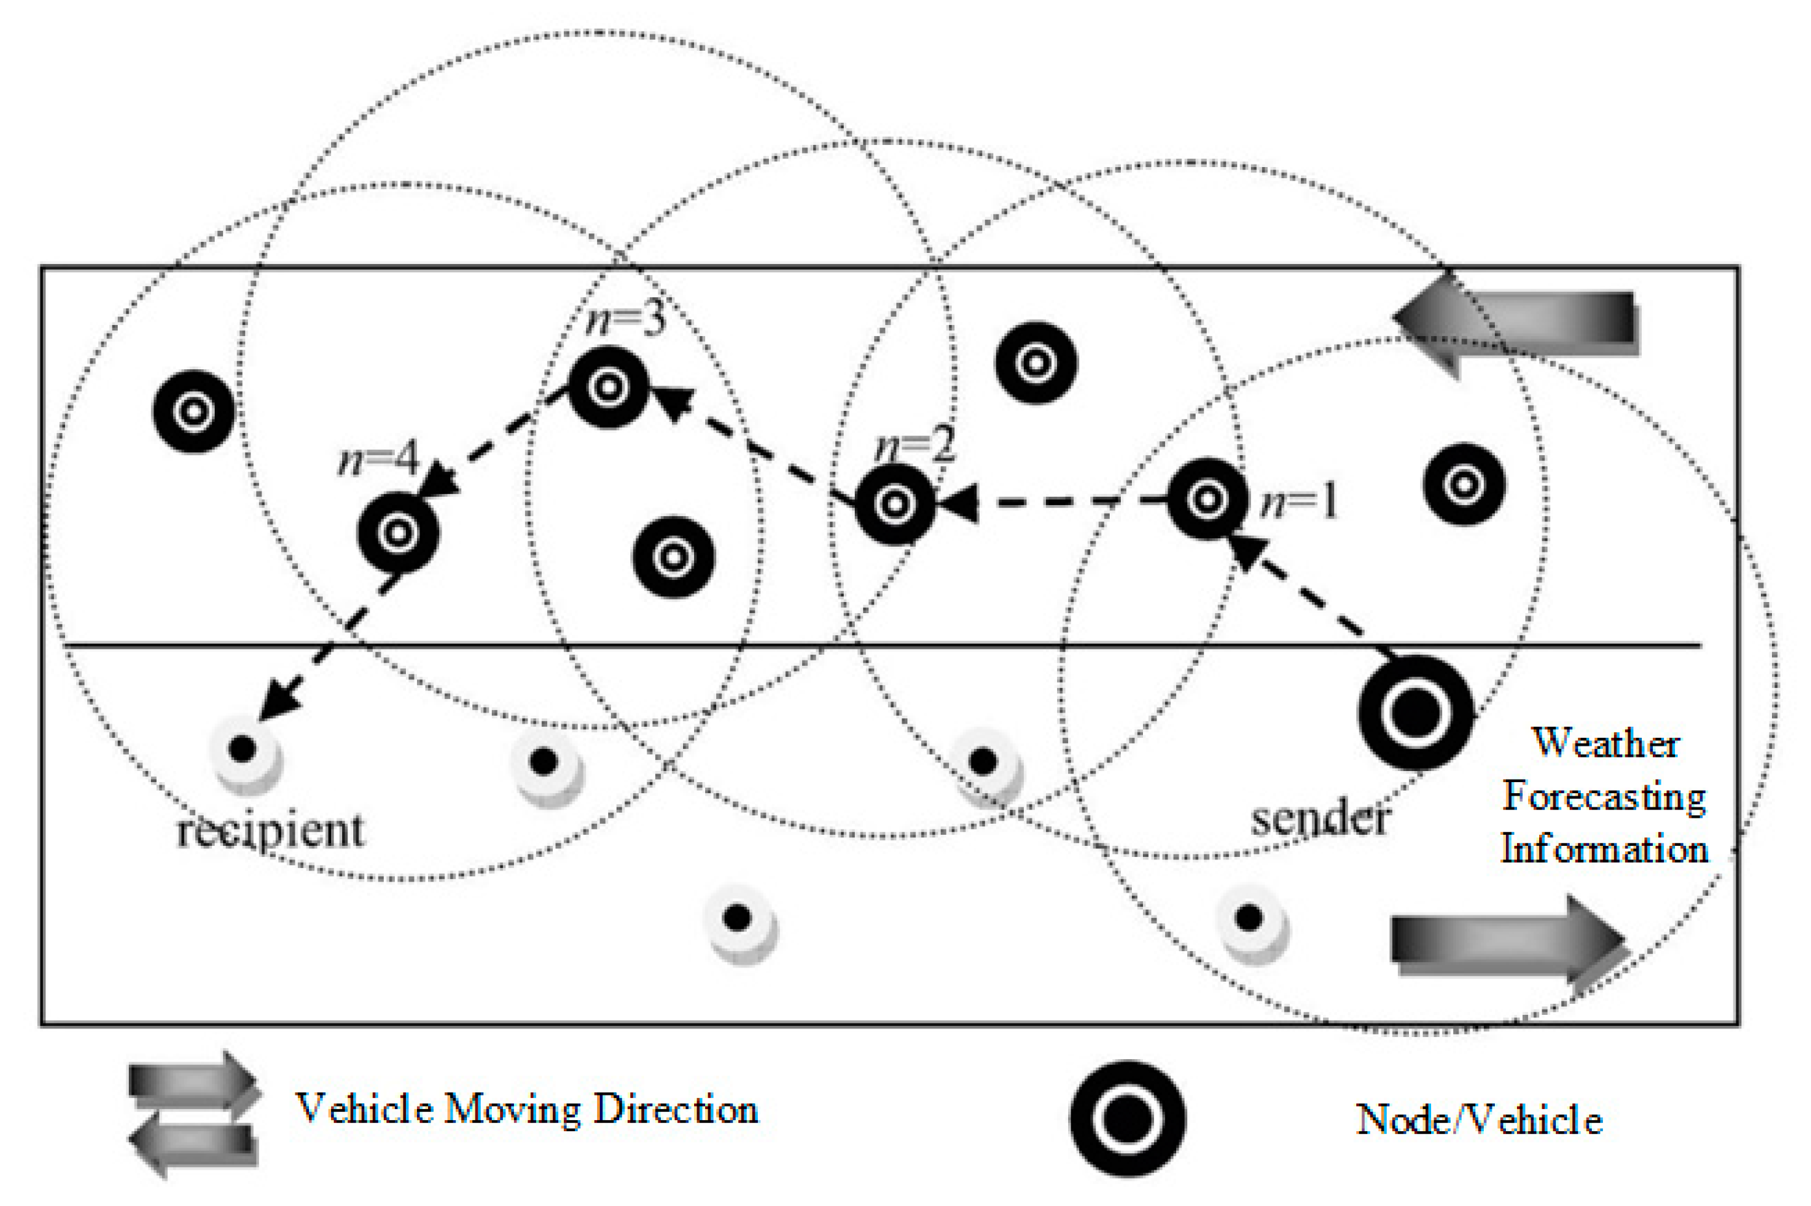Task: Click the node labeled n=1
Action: pyautogui.click(x=1206, y=500)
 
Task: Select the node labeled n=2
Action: pyautogui.click(x=894, y=505)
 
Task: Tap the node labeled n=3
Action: pyautogui.click(x=608, y=387)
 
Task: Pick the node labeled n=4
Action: pyautogui.click(x=397, y=532)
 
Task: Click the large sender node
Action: pyautogui.click(x=1415, y=712)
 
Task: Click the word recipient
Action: pyautogui.click(x=270, y=831)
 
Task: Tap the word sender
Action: pyautogui.click(x=1319, y=819)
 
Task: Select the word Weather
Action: pyautogui.click(x=1605, y=744)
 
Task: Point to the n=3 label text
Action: pyautogui.click(x=624, y=319)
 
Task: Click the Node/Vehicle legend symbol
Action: pyautogui.click(x=1127, y=1119)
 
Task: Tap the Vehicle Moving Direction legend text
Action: pyautogui.click(x=528, y=1109)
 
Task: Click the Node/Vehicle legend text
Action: pyautogui.click(x=1479, y=1120)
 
